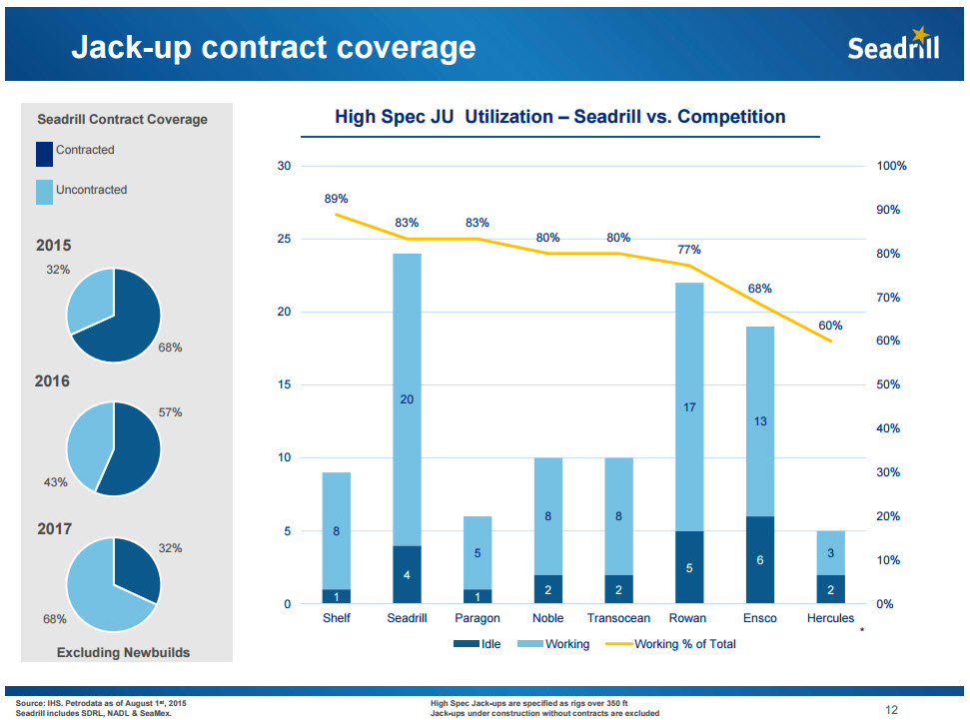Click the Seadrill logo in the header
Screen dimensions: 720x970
point(893,47)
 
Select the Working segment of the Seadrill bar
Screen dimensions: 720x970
point(407,399)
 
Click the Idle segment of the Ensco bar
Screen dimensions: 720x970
point(760,560)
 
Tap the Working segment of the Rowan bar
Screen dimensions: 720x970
point(689,407)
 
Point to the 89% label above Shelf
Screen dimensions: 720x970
point(337,199)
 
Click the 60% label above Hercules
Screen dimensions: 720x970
point(830,326)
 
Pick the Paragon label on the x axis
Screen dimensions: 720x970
point(478,618)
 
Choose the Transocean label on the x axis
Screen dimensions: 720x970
point(618,618)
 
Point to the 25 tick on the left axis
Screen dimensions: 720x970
point(284,239)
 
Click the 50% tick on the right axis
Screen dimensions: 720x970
point(890,384)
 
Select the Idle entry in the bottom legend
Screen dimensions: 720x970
point(478,644)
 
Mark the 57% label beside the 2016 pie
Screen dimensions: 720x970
point(170,411)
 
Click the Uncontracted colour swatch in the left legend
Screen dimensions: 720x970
point(44,192)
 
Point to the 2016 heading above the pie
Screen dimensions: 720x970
point(53,381)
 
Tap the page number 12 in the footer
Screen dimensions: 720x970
point(892,710)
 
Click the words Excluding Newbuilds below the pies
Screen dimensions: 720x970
point(124,652)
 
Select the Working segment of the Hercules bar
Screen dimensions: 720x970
point(830,553)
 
